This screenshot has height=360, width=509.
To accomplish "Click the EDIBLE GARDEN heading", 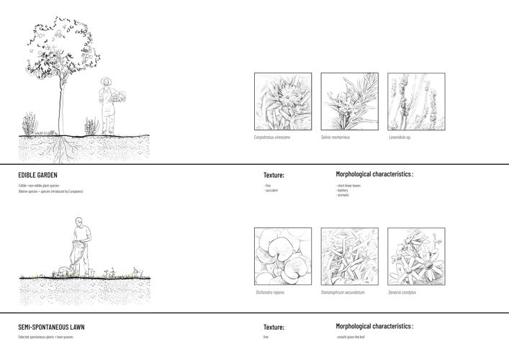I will tap(38, 175).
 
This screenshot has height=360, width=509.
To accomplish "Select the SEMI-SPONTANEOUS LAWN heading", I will tap(51, 327).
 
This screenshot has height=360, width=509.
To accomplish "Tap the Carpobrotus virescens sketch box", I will tap(283, 102).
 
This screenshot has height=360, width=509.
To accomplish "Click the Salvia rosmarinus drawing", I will tap(349, 102).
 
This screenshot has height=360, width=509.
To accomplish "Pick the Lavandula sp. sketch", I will tap(416, 102).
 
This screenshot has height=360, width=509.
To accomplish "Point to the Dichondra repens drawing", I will tap(283, 256).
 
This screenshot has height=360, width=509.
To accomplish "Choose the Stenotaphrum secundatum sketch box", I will tap(349, 256).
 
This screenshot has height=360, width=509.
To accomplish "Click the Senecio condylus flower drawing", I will tap(416, 256).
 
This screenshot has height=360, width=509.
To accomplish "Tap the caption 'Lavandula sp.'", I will tap(400, 138).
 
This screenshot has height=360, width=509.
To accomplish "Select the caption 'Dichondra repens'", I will tap(271, 292).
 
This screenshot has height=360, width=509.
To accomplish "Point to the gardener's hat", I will tap(107, 81).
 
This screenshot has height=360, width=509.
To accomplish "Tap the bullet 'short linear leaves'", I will tap(349, 185).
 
